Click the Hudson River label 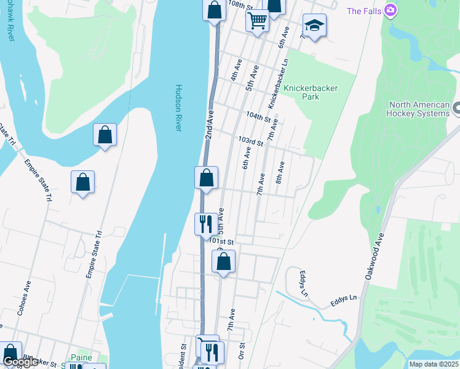pos(179,108)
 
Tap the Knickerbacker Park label pos(311,92)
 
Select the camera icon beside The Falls pos(390,10)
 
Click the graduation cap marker pos(314,25)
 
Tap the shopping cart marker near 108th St pos(257,20)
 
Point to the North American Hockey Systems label pos(418,109)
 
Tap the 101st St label pos(220,242)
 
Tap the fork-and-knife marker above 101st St pos(205,223)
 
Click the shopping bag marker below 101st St pos(224,261)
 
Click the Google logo pos(20,362)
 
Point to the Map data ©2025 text pos(433,364)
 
